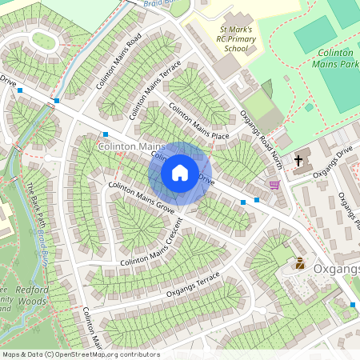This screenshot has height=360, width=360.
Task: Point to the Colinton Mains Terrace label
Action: [x=154, y=88]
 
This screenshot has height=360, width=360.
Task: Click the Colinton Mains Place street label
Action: [x=198, y=122]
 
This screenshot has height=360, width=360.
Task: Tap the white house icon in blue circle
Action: [x=180, y=173]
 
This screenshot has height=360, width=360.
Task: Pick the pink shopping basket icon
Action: [x=275, y=185]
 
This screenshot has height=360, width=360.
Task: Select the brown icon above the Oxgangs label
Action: [x=300, y=262]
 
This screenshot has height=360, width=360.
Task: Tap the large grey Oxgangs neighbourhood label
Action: [x=336, y=268]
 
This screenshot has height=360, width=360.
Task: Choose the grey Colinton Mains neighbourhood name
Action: [x=131, y=147]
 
